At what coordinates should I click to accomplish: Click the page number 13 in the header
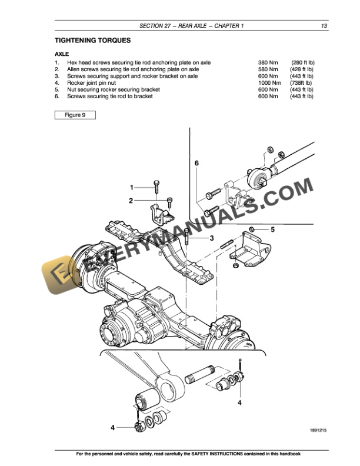[x=324, y=26]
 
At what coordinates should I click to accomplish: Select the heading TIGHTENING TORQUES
[x=92, y=41]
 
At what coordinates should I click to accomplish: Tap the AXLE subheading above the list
[x=62, y=54]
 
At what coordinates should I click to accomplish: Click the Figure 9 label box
[x=75, y=115]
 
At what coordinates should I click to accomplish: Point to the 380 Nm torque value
[x=268, y=62]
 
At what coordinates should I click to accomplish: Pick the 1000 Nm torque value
[x=269, y=83]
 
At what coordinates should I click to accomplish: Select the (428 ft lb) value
[x=301, y=69]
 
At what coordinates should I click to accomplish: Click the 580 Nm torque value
[x=268, y=69]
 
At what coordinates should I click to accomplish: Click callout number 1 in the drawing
[x=132, y=187]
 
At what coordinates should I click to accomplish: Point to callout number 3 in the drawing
[x=211, y=238]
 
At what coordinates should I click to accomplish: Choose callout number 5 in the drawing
[x=272, y=229]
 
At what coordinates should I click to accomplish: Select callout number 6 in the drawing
[x=197, y=162]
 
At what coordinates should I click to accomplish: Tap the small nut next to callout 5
[x=251, y=229]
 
